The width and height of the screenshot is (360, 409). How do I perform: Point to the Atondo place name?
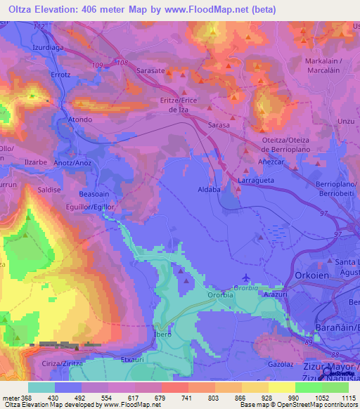click(x=80, y=120)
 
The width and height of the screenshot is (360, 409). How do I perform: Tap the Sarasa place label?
click(x=219, y=124)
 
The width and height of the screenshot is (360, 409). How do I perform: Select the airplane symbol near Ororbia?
click(x=244, y=277)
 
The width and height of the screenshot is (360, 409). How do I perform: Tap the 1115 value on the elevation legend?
click(x=348, y=398)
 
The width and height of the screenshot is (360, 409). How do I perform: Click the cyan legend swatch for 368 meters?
click(x=41, y=387)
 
